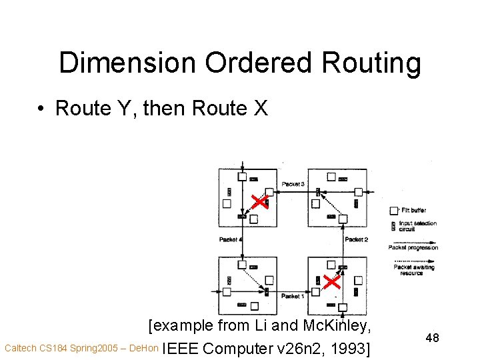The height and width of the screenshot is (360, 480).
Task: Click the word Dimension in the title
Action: pos(127,63)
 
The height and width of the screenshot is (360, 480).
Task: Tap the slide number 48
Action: pos(432,338)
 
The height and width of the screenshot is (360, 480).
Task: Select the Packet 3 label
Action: pos(293,184)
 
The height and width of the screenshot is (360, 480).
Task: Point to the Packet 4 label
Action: pos(231,239)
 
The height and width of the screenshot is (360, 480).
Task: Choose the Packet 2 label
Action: pos(357,239)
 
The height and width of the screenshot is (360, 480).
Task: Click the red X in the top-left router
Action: pos(259,202)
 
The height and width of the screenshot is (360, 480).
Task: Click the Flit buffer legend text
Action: pos(413,211)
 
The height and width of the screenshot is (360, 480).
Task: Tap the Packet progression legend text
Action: pos(414,248)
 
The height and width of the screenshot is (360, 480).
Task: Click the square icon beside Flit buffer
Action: pos(394,211)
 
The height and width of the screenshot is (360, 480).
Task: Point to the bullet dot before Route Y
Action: pos(41,109)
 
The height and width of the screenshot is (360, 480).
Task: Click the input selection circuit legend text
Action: pos(417,226)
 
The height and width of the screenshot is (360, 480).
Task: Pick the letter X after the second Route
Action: pos(260,108)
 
